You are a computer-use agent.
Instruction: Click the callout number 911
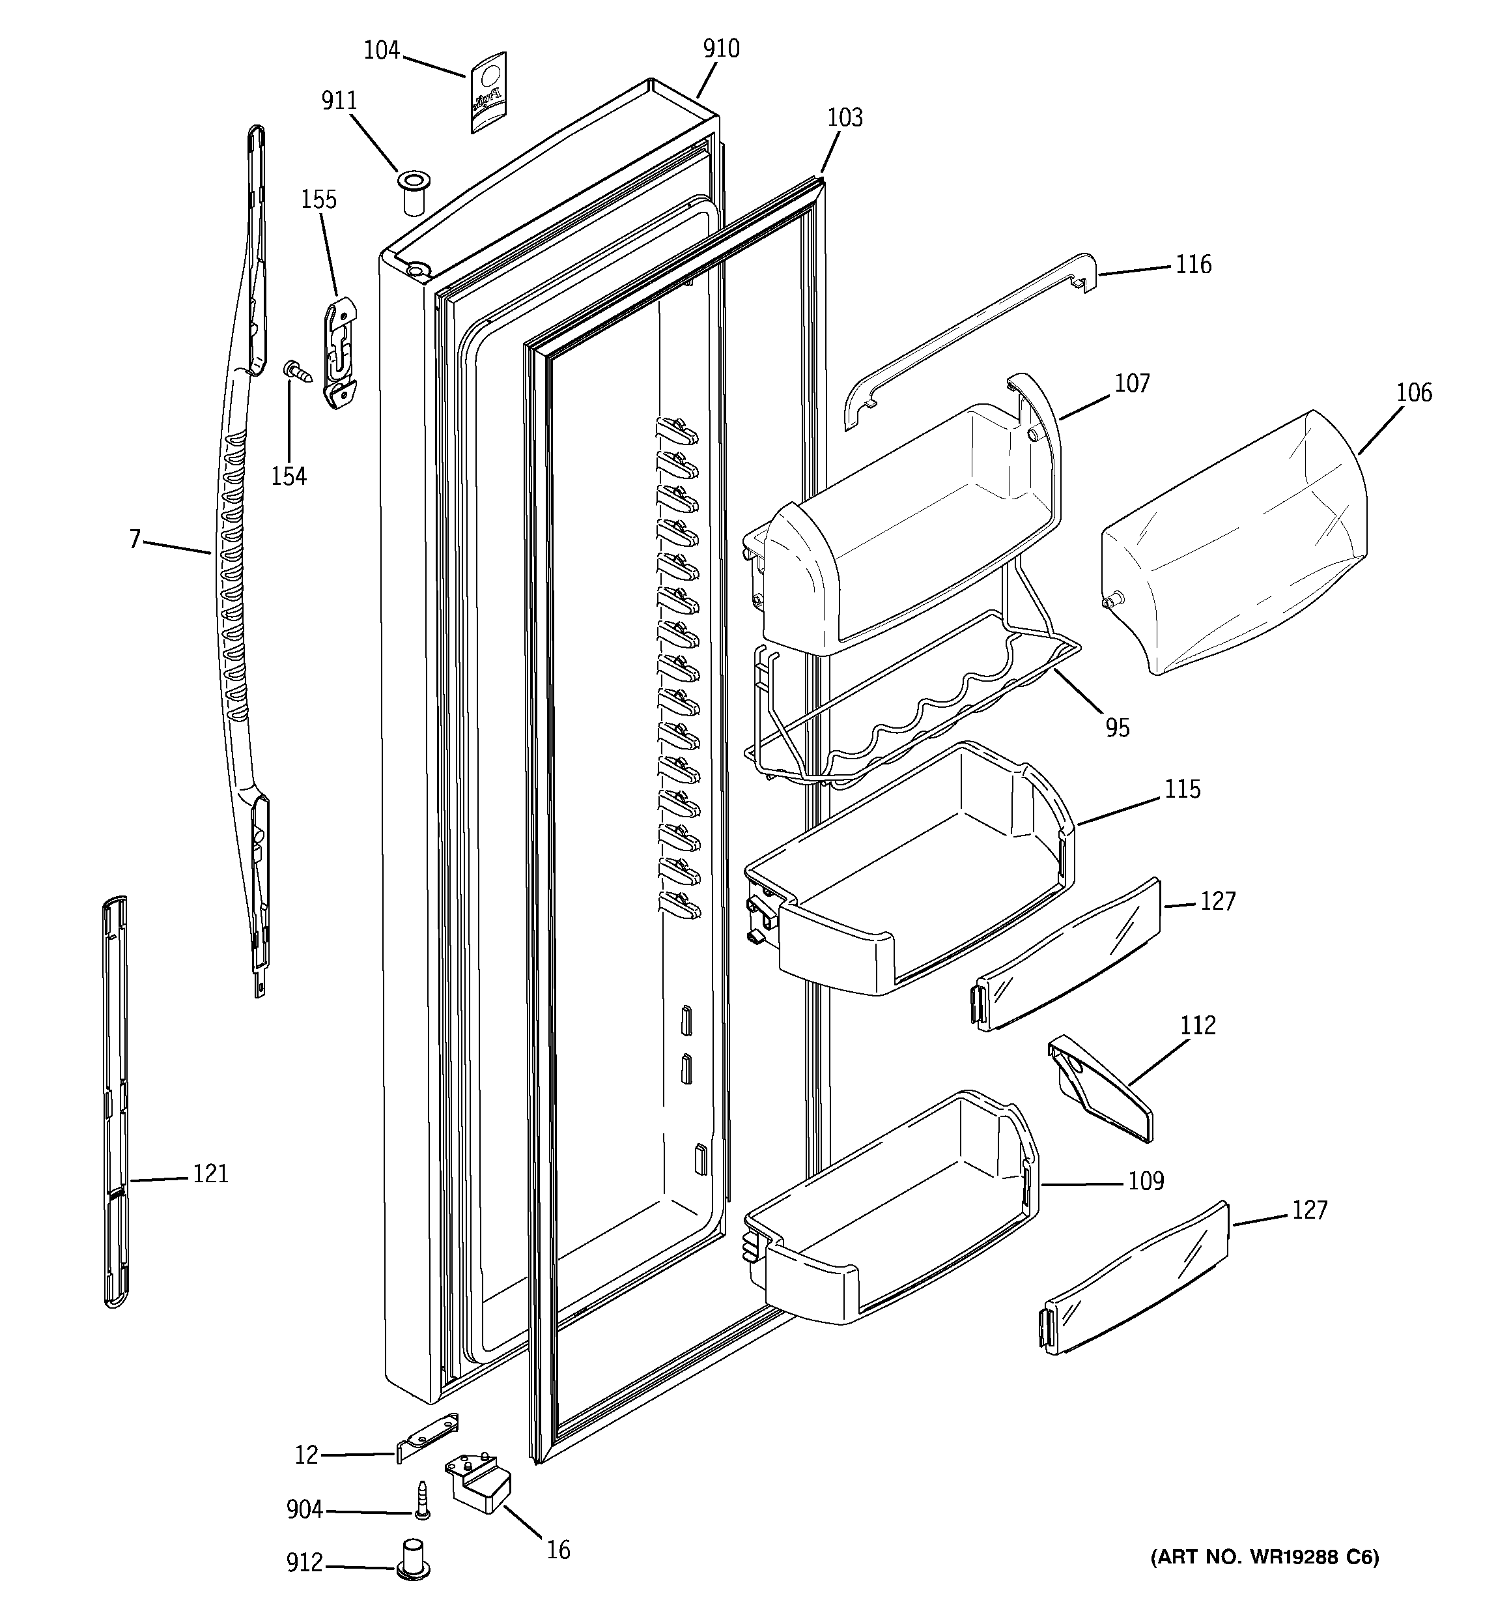coord(339,100)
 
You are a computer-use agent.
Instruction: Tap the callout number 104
coord(381,50)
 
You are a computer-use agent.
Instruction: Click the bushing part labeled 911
coord(414,192)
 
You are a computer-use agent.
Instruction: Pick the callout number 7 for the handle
coord(135,539)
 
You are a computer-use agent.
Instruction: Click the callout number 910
coord(721,49)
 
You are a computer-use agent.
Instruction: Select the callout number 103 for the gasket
coord(844,118)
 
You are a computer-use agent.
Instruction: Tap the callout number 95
coord(1117,728)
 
